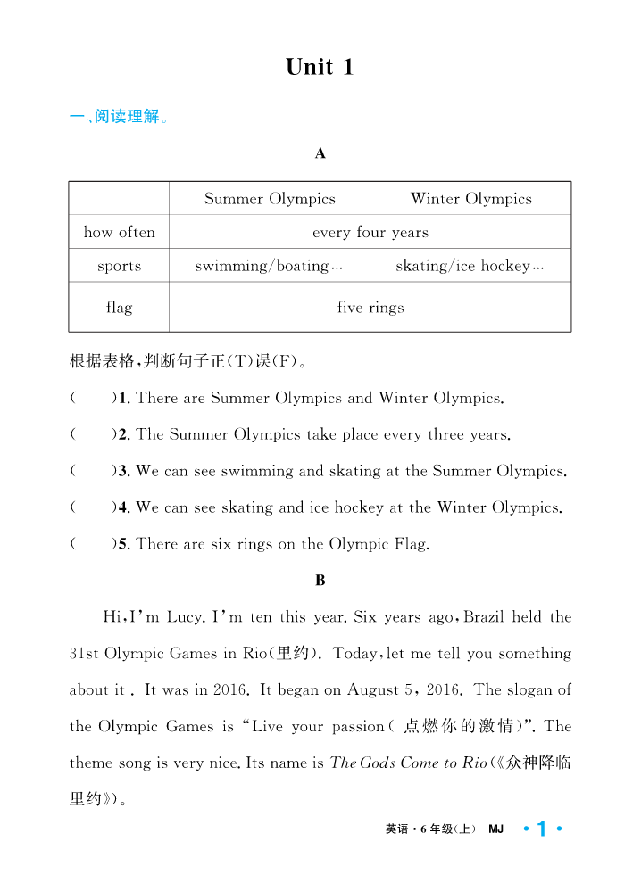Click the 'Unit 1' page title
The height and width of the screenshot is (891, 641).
coord(320,67)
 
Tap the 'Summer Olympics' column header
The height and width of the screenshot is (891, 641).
coord(270,199)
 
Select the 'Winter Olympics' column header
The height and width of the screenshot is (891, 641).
coord(470,199)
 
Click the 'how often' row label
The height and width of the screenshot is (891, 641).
coord(119,232)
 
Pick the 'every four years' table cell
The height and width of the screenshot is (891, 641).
coord(370,232)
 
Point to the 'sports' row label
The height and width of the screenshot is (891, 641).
coord(119,266)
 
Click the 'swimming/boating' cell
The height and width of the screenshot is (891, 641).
coord(268,266)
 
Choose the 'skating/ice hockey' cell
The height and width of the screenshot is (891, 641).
coord(470,266)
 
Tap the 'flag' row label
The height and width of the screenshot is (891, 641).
coord(119,308)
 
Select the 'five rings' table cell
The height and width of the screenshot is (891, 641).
coord(370,308)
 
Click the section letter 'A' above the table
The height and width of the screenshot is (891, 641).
coord(320,153)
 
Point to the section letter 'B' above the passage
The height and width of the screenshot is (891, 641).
coord(320,581)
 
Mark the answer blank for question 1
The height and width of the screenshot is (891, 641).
coord(92,398)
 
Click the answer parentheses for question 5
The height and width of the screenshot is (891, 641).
coord(92,544)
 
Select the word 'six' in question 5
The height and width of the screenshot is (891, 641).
coord(221,544)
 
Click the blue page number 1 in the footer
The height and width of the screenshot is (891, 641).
coord(541,829)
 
